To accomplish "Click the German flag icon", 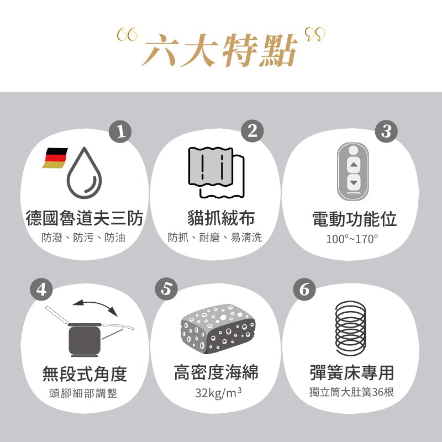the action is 55,157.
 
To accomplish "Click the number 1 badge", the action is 120,131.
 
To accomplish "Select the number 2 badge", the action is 252,131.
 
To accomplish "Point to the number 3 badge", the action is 386,131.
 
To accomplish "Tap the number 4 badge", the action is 41,289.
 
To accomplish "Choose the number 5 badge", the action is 166,289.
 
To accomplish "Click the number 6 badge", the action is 304,289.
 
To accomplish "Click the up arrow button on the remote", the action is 354,164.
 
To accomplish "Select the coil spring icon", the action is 351,328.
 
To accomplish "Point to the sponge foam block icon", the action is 218,329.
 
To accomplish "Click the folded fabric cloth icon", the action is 216,172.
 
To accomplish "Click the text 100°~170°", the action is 352,239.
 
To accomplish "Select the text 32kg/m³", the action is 218,393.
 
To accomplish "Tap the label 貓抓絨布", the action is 222,218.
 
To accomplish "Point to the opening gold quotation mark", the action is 127,34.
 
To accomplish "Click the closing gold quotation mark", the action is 315,34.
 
